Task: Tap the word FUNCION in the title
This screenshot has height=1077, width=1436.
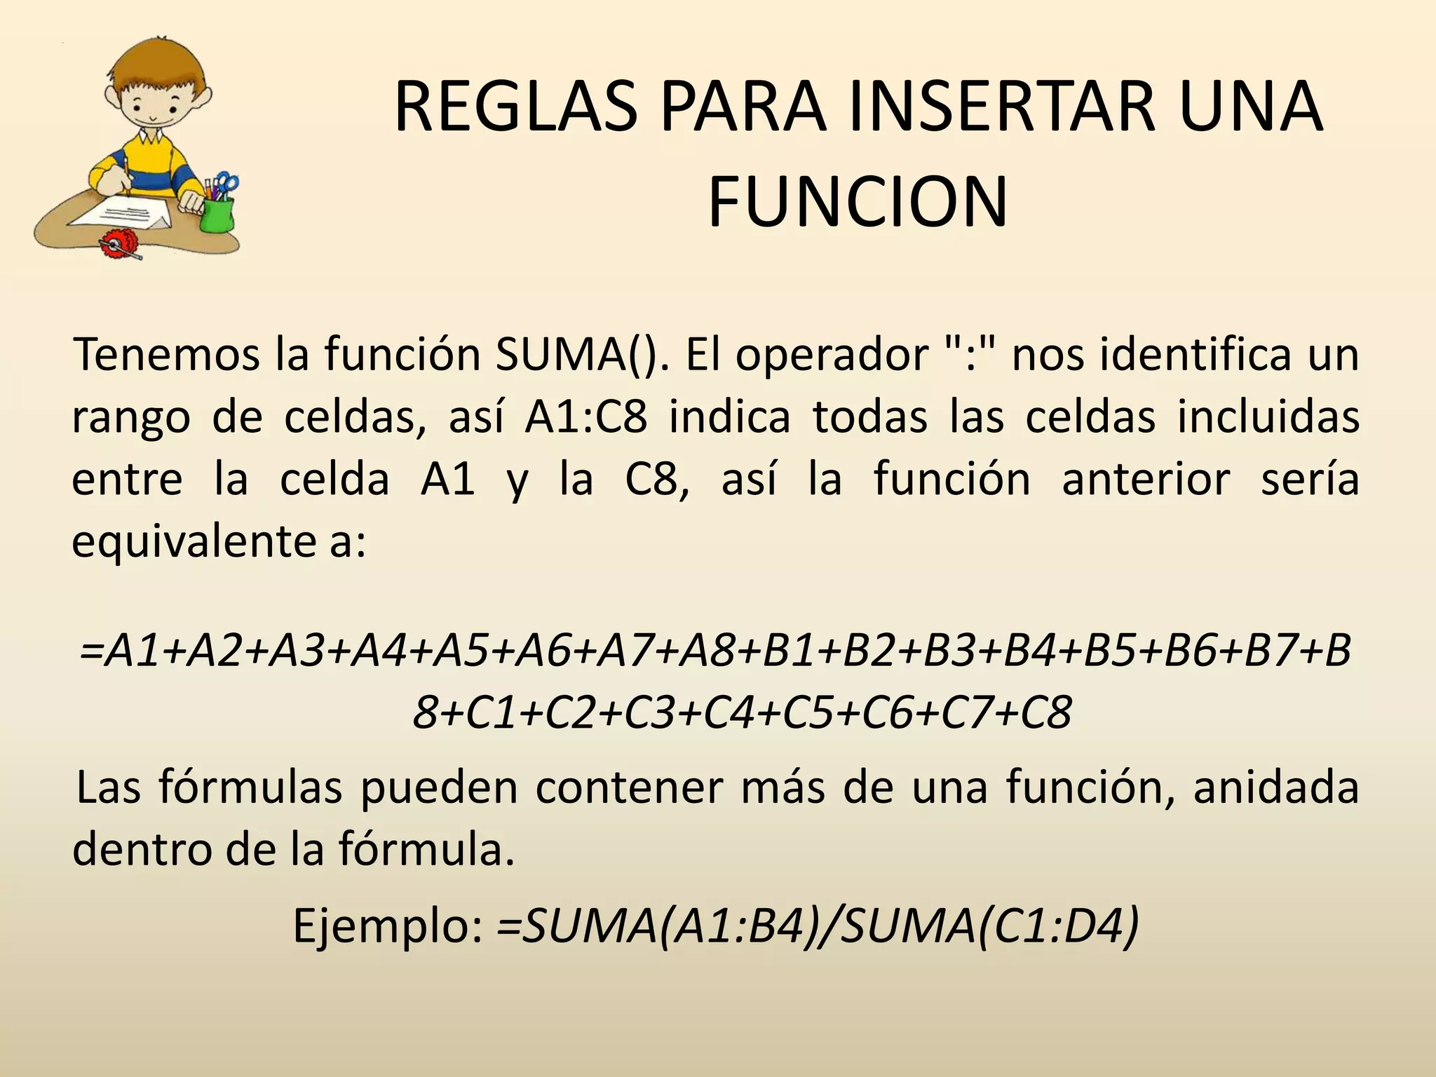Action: click(x=858, y=203)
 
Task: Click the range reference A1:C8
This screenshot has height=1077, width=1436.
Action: click(x=586, y=417)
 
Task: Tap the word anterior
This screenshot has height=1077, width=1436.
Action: click(x=1146, y=480)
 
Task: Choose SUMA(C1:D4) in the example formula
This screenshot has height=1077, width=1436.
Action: click(x=988, y=926)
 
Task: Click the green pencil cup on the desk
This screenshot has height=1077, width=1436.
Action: click(x=216, y=215)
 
